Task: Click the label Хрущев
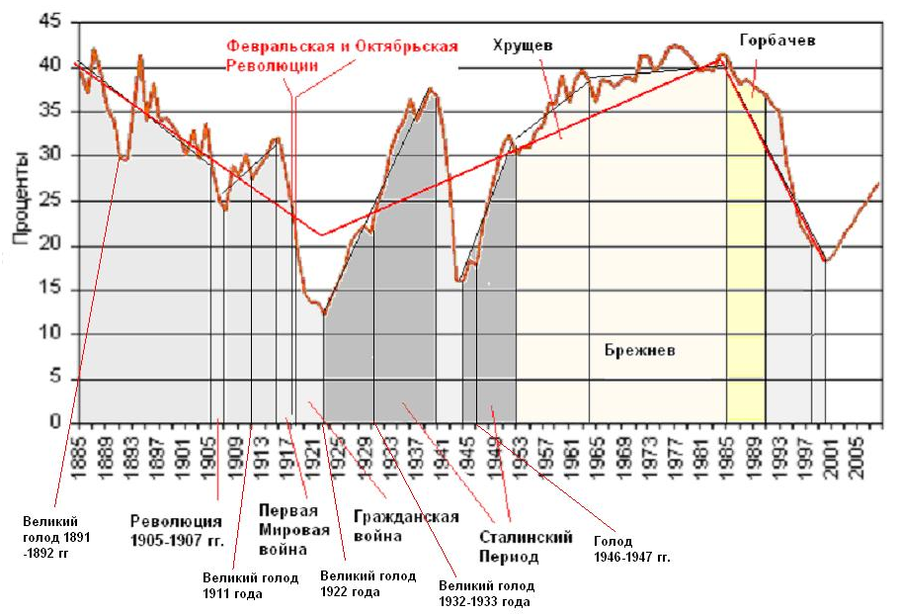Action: coord(524,45)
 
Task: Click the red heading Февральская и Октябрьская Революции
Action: coord(342,55)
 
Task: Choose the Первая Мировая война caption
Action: coord(287,529)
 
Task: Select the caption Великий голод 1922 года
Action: coord(368,584)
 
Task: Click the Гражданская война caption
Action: coord(405,527)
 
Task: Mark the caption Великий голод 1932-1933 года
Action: coord(487,593)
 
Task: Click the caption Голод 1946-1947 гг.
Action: coord(631,549)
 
